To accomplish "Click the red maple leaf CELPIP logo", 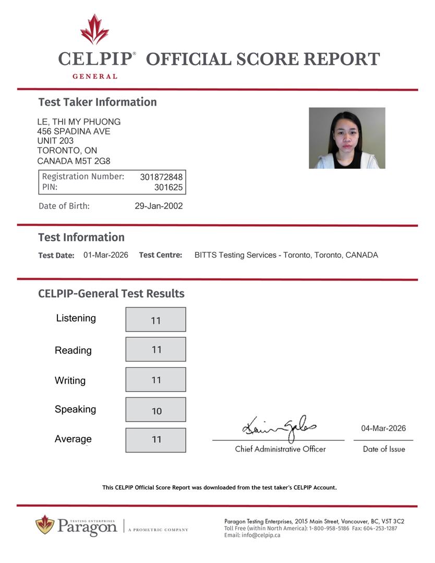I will [x=94, y=30].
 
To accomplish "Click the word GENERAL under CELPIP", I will [x=94, y=76].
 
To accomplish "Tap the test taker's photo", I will [x=347, y=138].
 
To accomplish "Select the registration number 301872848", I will [x=161, y=177].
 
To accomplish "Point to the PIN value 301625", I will [x=168, y=187].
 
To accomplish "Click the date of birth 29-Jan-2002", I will [x=159, y=206].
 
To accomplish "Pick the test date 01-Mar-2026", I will [x=106, y=255].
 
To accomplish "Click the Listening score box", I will [x=155, y=320].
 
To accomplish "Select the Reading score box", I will [x=155, y=349].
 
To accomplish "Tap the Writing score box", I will [x=155, y=380].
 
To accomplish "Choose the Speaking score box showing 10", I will [x=155, y=410].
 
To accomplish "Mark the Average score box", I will [x=155, y=440].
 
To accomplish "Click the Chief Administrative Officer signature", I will [x=279, y=429].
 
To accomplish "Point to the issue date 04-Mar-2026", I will [x=383, y=429].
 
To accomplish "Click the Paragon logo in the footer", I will [x=76, y=525].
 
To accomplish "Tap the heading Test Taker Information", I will [x=98, y=102].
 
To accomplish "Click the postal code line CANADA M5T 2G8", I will [x=74, y=161].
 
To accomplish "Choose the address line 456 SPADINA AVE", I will [x=74, y=131].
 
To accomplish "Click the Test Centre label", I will [x=161, y=255].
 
